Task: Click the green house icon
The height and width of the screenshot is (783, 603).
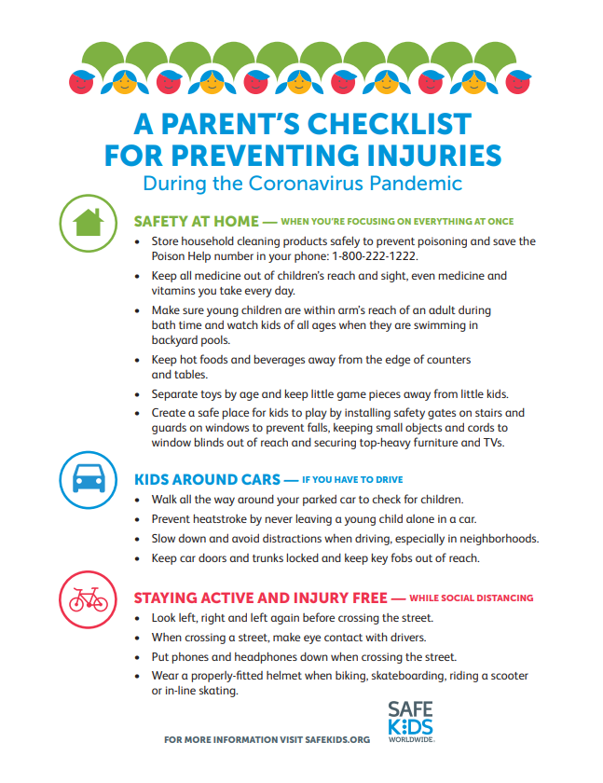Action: coord(87,222)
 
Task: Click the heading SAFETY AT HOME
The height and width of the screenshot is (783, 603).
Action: coord(195,221)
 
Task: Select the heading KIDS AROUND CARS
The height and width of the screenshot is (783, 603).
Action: coord(207,479)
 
